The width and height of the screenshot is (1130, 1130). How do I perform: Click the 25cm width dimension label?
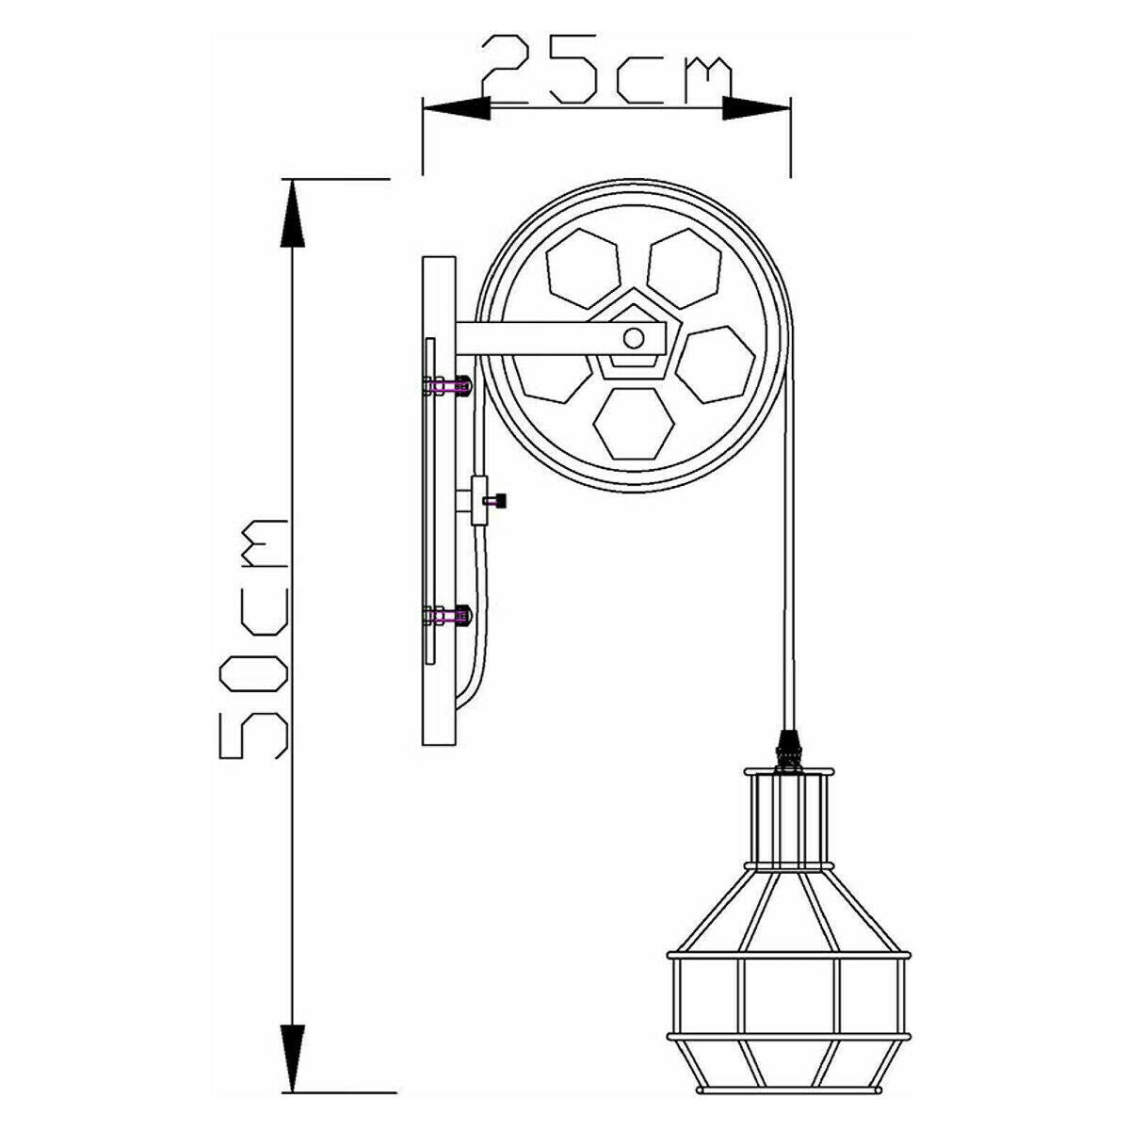click(x=607, y=71)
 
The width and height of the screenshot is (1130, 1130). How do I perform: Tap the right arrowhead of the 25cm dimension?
click(x=756, y=109)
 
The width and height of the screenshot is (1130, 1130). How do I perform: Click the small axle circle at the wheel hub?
click(x=633, y=338)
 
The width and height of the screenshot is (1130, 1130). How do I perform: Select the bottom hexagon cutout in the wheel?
click(x=633, y=424)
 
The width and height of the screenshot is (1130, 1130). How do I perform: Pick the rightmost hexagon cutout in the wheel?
click(x=716, y=364)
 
